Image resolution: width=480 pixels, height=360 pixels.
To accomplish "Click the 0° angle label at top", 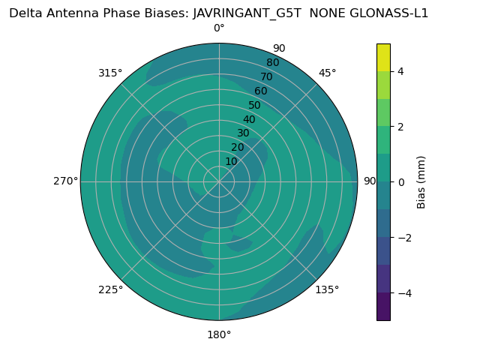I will (x=219, y=28).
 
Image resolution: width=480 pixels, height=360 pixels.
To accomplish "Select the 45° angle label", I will (x=327, y=73).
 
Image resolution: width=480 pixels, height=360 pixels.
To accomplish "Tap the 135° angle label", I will (x=327, y=289).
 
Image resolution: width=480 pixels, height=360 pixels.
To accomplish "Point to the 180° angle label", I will (x=219, y=334).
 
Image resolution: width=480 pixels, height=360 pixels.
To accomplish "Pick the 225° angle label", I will (x=110, y=289).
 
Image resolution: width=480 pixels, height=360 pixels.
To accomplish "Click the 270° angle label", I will (x=65, y=181).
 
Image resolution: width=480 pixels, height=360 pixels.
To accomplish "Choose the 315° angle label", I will (x=110, y=73).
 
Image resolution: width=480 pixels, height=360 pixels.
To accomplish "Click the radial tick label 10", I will (x=231, y=161).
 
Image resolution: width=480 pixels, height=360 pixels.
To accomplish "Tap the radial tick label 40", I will (x=249, y=119).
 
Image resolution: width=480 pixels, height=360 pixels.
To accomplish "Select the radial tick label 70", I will (x=267, y=76).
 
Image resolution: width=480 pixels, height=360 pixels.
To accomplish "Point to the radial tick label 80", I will (x=272, y=62).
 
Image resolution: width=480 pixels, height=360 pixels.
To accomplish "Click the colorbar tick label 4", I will (x=400, y=71).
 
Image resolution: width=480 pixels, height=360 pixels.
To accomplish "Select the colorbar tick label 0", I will (x=400, y=181).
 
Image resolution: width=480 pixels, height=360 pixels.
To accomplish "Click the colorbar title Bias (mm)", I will (x=421, y=181).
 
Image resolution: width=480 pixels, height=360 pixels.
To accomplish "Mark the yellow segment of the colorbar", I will (x=383, y=57).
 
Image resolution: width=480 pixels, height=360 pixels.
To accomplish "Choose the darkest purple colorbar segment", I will (x=383, y=306).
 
